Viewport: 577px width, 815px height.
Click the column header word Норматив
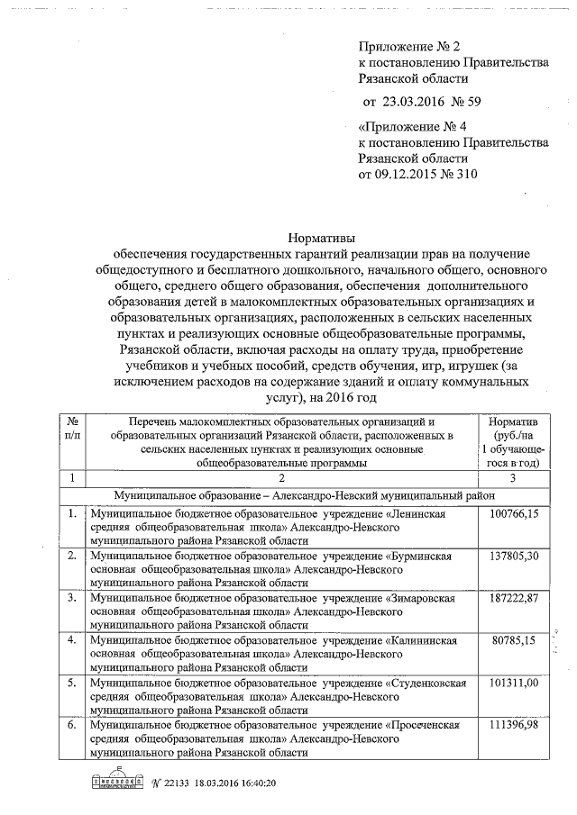[x=512, y=421]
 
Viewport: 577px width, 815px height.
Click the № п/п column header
[x=72, y=428]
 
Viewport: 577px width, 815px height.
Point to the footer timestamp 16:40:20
[x=250, y=783]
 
